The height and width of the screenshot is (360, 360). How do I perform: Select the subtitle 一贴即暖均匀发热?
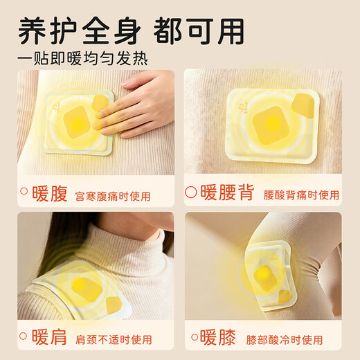(x=83, y=57)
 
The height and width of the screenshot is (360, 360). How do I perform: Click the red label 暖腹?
(x=50, y=193)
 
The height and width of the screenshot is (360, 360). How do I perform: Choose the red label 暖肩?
(x=50, y=338)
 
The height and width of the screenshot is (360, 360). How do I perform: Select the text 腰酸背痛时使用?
(x=301, y=195)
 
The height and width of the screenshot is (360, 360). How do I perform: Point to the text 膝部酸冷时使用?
(x=285, y=340)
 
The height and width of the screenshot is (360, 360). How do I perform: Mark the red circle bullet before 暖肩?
(x=24, y=338)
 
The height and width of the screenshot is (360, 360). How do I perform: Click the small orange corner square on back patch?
(x=303, y=105)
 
